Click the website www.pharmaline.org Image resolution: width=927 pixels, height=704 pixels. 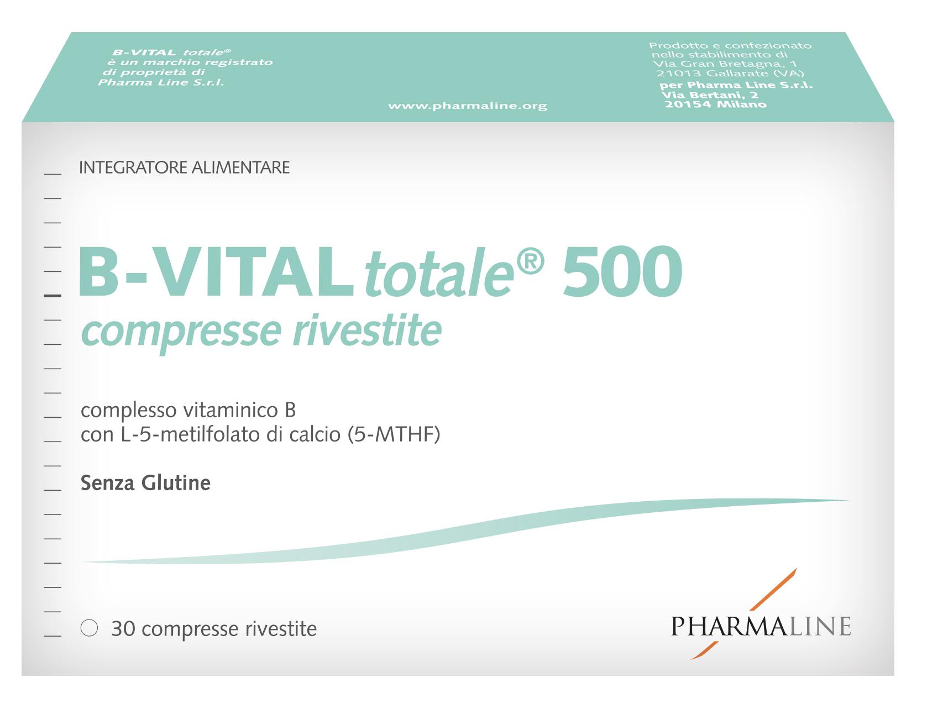468,106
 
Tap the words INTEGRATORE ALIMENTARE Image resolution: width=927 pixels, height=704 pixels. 184,167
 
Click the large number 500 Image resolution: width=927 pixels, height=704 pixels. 622,271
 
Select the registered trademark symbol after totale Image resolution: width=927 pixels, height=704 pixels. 530,262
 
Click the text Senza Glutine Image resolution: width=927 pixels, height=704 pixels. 145,484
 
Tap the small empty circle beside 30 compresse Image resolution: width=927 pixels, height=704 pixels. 89,628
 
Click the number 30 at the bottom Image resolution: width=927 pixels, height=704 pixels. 123,628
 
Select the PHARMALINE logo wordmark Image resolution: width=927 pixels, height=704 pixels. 761,626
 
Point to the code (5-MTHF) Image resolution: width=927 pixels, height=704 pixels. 394,435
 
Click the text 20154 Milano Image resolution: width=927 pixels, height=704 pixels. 715,104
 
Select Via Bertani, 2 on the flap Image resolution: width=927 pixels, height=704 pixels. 710,94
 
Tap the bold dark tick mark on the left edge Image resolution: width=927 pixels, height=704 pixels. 53,296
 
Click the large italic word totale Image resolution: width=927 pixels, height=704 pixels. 439,274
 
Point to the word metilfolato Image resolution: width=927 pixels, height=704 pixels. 208,435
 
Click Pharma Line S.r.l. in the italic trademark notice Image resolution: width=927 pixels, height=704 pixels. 161,82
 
